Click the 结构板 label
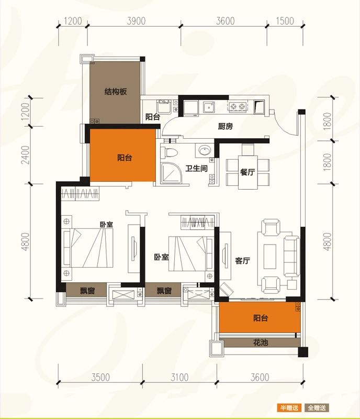click(x=115, y=92)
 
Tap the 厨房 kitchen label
click(x=225, y=126)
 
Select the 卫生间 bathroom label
click(x=197, y=168)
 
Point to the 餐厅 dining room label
click(x=248, y=172)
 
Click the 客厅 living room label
click(x=242, y=260)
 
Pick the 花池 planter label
click(x=261, y=343)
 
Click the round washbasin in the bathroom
click(x=205, y=150)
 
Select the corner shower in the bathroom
click(x=172, y=173)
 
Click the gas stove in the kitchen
click(x=238, y=107)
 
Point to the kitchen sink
click(x=209, y=107)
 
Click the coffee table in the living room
click(x=269, y=257)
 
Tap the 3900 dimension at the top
click(x=136, y=21)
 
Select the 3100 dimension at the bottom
click(x=179, y=377)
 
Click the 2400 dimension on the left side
click(x=26, y=155)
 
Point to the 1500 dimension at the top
click(x=285, y=21)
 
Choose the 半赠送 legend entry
click(x=289, y=408)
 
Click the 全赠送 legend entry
click(x=317, y=408)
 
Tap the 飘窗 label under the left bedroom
click(x=87, y=291)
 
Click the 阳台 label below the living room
click(x=261, y=318)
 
